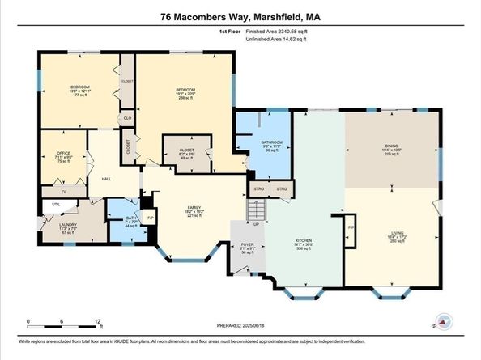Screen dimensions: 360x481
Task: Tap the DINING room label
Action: (391, 147)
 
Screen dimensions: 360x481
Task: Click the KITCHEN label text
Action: (304, 241)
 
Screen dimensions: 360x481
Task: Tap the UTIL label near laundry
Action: (55, 205)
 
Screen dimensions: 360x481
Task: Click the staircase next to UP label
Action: (255, 210)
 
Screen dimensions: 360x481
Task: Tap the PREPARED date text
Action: (240, 325)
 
